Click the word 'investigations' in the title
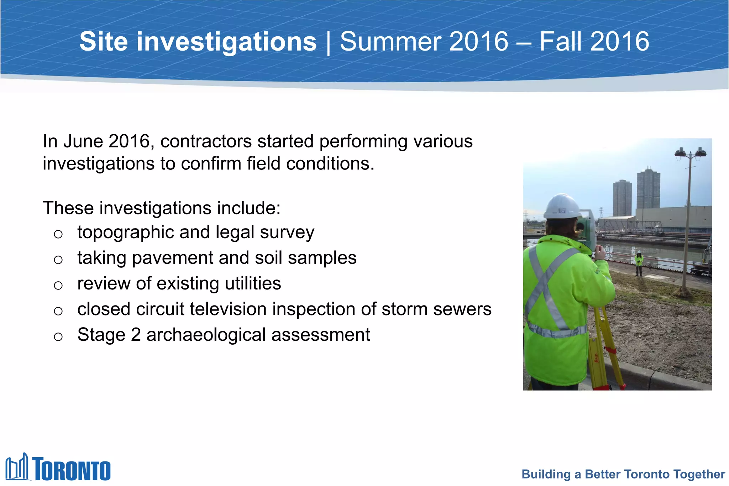tap(226, 42)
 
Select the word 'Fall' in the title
tap(562, 42)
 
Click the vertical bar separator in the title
tap(328, 43)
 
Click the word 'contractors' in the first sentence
tap(206, 141)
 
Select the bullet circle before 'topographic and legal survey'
tap(58, 234)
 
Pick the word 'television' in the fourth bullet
tap(228, 309)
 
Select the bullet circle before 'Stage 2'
tap(58, 336)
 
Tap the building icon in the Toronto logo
tap(17, 467)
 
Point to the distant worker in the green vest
tap(639, 263)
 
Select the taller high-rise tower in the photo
tap(649, 189)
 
